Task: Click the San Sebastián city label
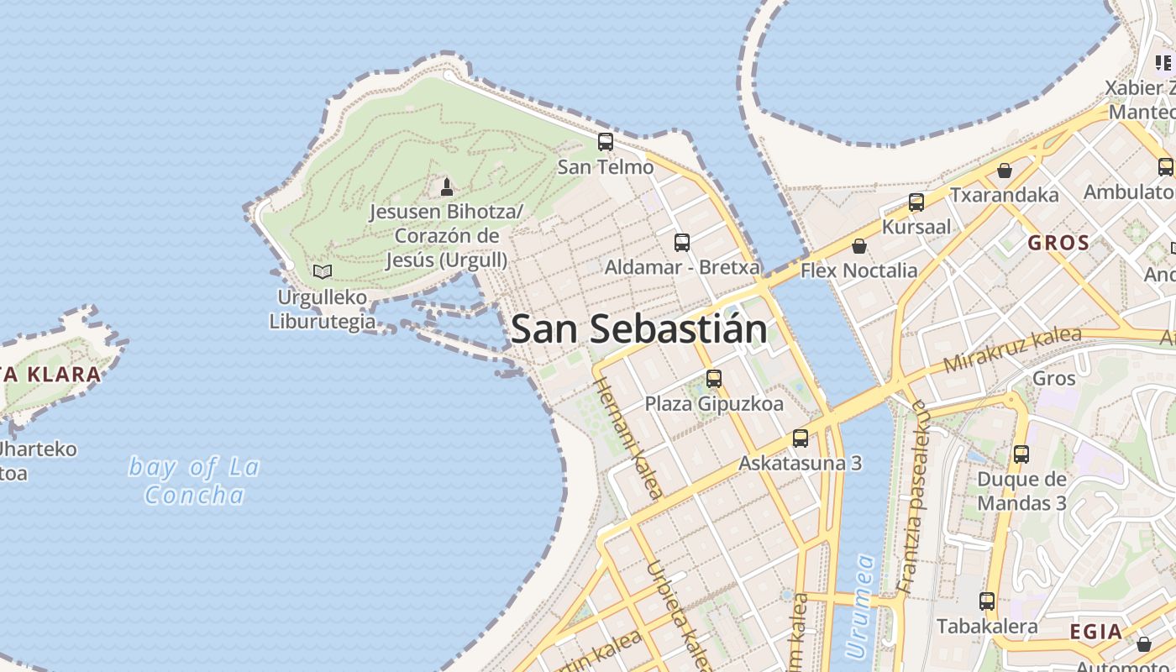click(x=638, y=328)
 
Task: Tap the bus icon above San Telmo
click(x=606, y=142)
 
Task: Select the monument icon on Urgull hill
click(x=447, y=186)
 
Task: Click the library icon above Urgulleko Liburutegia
click(x=323, y=271)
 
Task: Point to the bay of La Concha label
click(x=194, y=480)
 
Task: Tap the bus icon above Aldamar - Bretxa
click(x=682, y=243)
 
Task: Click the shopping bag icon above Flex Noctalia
click(x=858, y=246)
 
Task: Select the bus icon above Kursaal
click(x=916, y=202)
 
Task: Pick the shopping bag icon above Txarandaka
click(x=1004, y=171)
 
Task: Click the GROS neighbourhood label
click(x=1058, y=244)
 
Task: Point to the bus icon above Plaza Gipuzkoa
click(x=714, y=379)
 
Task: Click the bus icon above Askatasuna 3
click(x=801, y=438)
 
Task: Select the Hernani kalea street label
click(x=629, y=438)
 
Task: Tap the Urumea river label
click(x=861, y=606)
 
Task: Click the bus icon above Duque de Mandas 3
click(x=1021, y=454)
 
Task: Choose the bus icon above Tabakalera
click(x=987, y=601)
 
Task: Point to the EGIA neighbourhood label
click(x=1096, y=632)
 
